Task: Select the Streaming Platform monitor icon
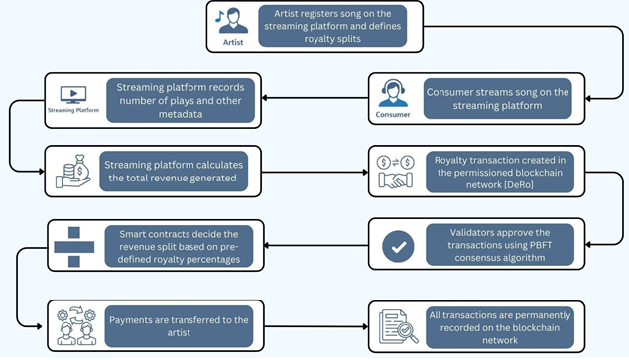coord(74,94)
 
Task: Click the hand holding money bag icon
coord(73,168)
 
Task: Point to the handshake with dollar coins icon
coord(397,171)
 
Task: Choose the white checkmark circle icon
coord(397,245)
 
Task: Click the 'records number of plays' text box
coord(181,100)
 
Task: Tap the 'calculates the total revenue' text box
coord(181,171)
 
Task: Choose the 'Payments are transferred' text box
coord(181,321)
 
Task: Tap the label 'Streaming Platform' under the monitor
coord(74,111)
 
